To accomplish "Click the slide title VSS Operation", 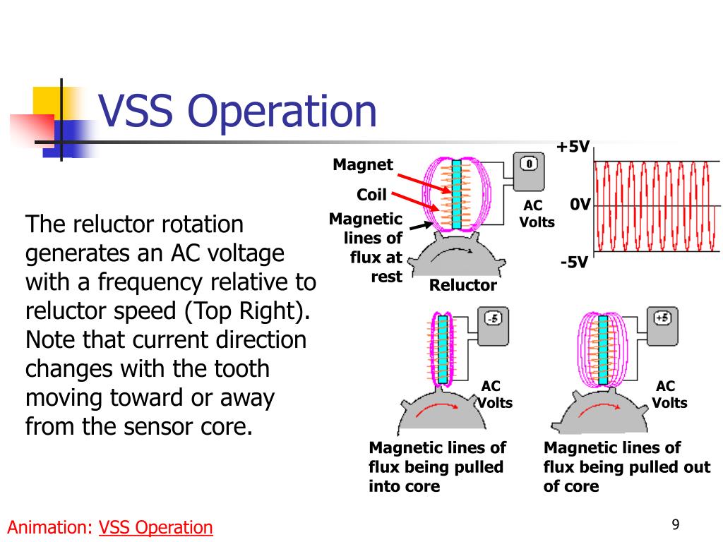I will click(237, 112).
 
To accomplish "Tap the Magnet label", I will click(363, 165).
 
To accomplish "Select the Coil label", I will click(371, 195).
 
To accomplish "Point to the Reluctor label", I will click(462, 285).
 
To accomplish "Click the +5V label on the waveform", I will click(573, 147).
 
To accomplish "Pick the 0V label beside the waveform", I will click(580, 205).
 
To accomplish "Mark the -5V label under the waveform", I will click(574, 263).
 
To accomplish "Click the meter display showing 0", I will click(529, 164).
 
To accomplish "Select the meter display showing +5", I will click(662, 318).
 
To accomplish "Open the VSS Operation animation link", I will click(156, 527).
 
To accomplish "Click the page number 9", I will click(676, 524).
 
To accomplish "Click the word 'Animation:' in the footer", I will click(50, 527).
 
